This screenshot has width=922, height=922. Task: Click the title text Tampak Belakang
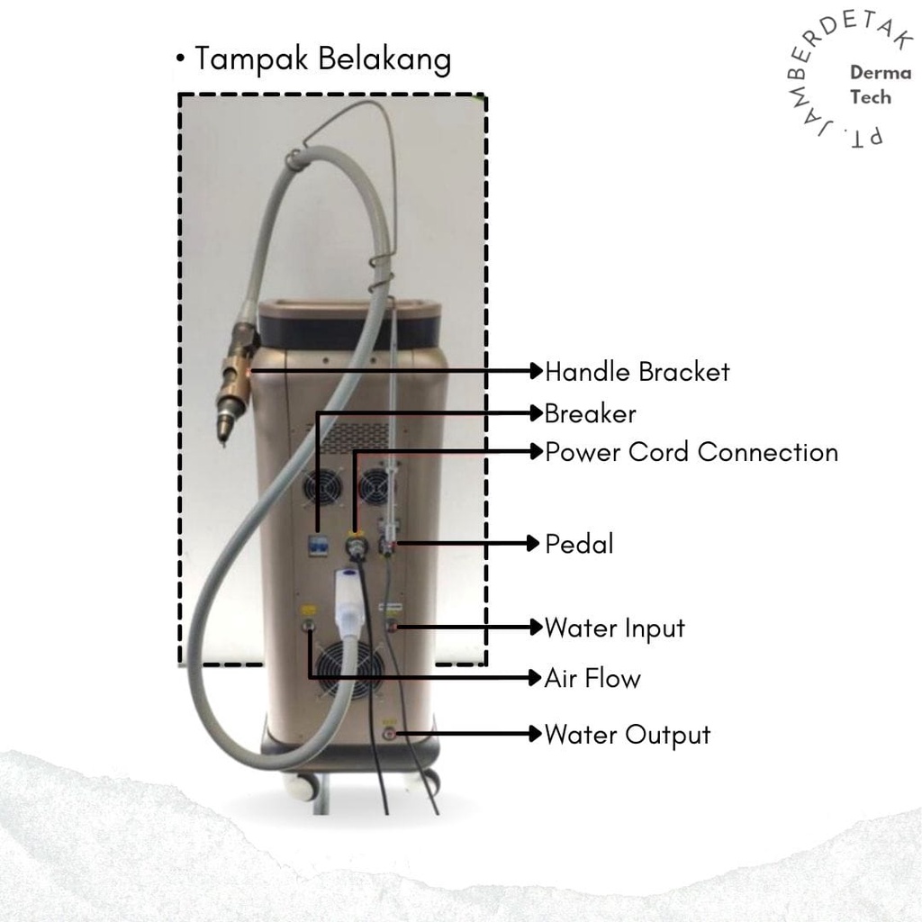pyautogui.click(x=322, y=59)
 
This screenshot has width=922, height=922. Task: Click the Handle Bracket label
pyautogui.click(x=637, y=371)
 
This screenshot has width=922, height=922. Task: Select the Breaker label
pyautogui.click(x=590, y=413)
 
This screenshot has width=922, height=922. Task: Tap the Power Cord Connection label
pyautogui.click(x=691, y=451)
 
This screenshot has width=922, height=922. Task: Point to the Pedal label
pyautogui.click(x=579, y=544)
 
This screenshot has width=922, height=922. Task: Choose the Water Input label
pyautogui.click(x=614, y=628)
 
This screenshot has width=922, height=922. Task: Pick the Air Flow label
pyautogui.click(x=592, y=677)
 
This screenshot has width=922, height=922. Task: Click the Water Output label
pyautogui.click(x=627, y=735)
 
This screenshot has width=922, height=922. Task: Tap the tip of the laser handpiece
pyautogui.click(x=222, y=436)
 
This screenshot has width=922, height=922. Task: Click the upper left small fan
pyautogui.click(x=321, y=487)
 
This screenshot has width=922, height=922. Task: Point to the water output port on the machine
pyautogui.click(x=390, y=734)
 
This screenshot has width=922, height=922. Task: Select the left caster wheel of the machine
pyautogui.click(x=302, y=786)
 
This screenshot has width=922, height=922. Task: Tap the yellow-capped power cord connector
pyautogui.click(x=357, y=544)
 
